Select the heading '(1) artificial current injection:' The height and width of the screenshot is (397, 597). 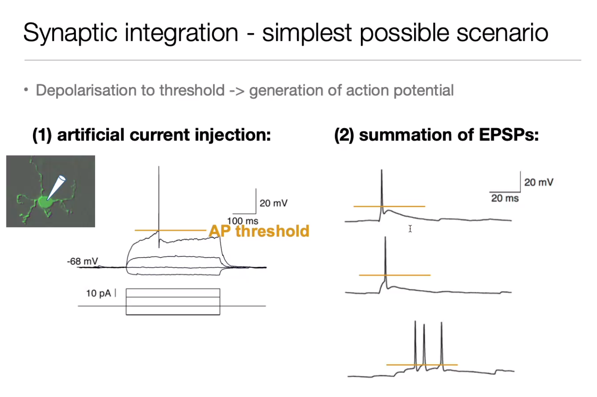[x=152, y=135]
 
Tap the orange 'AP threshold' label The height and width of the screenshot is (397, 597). [x=259, y=231]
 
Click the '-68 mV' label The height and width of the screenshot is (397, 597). [x=82, y=261]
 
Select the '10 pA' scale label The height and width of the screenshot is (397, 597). [x=98, y=293]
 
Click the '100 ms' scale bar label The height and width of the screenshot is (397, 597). [x=243, y=221]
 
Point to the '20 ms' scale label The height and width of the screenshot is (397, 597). [x=505, y=198]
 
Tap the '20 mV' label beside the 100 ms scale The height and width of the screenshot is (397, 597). [x=273, y=203]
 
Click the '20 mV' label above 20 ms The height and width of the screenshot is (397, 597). [x=539, y=182]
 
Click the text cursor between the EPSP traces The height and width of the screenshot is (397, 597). [x=410, y=229]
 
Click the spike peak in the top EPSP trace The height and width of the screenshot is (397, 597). [x=381, y=171]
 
